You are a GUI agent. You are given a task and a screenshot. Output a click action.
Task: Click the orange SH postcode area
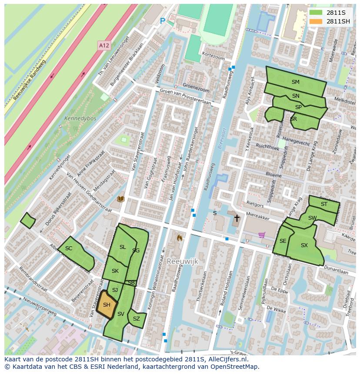pyautogui.click(x=107, y=305)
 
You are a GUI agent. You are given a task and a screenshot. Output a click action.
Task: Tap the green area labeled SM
pyautogui.click(x=295, y=82)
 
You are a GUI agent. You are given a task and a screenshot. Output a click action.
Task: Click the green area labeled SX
pyautogui.click(x=304, y=246)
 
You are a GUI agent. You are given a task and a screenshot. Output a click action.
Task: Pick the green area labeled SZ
pyautogui.click(x=137, y=319)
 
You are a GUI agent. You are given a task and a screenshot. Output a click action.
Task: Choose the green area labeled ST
pyautogui.click(x=324, y=204)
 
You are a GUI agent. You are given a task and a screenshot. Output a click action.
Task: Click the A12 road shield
pyautogui.click(x=103, y=45)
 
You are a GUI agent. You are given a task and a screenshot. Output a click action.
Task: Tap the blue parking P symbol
pyautogui.click(x=163, y=21)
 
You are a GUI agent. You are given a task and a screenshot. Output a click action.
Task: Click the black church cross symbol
pyautogui.click(x=237, y=218)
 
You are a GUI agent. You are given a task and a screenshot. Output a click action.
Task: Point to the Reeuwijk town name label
pyautogui.click(x=182, y=261)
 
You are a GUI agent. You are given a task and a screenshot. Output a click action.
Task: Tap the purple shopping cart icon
pyautogui.click(x=262, y=235)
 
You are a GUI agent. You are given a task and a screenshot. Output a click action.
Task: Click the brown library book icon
pyautogui.click(x=121, y=199)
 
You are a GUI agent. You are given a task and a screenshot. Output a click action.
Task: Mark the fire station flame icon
pyautogui.click(x=179, y=238)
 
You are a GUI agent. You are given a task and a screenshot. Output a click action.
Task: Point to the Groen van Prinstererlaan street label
pyautogui.click(x=185, y=97)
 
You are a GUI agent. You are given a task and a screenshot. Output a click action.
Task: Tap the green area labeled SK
pyautogui.click(x=115, y=271)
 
